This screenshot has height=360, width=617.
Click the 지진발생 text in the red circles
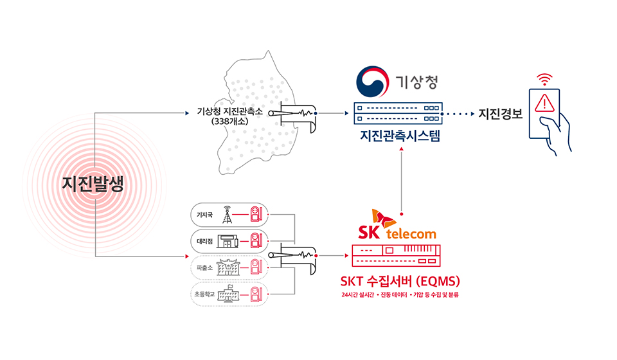point(93,184)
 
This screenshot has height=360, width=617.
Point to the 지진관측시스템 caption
point(400,136)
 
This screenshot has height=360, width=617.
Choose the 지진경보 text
point(501,114)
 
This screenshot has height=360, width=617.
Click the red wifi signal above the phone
point(545,80)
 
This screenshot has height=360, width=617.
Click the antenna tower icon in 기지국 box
point(226,213)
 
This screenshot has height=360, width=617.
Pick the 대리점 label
point(205,240)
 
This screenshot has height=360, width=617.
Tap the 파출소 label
point(205,267)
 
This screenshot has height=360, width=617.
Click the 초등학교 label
point(205,294)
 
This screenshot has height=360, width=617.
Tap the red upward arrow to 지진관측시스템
point(402,180)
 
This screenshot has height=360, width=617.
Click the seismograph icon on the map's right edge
point(292,115)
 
